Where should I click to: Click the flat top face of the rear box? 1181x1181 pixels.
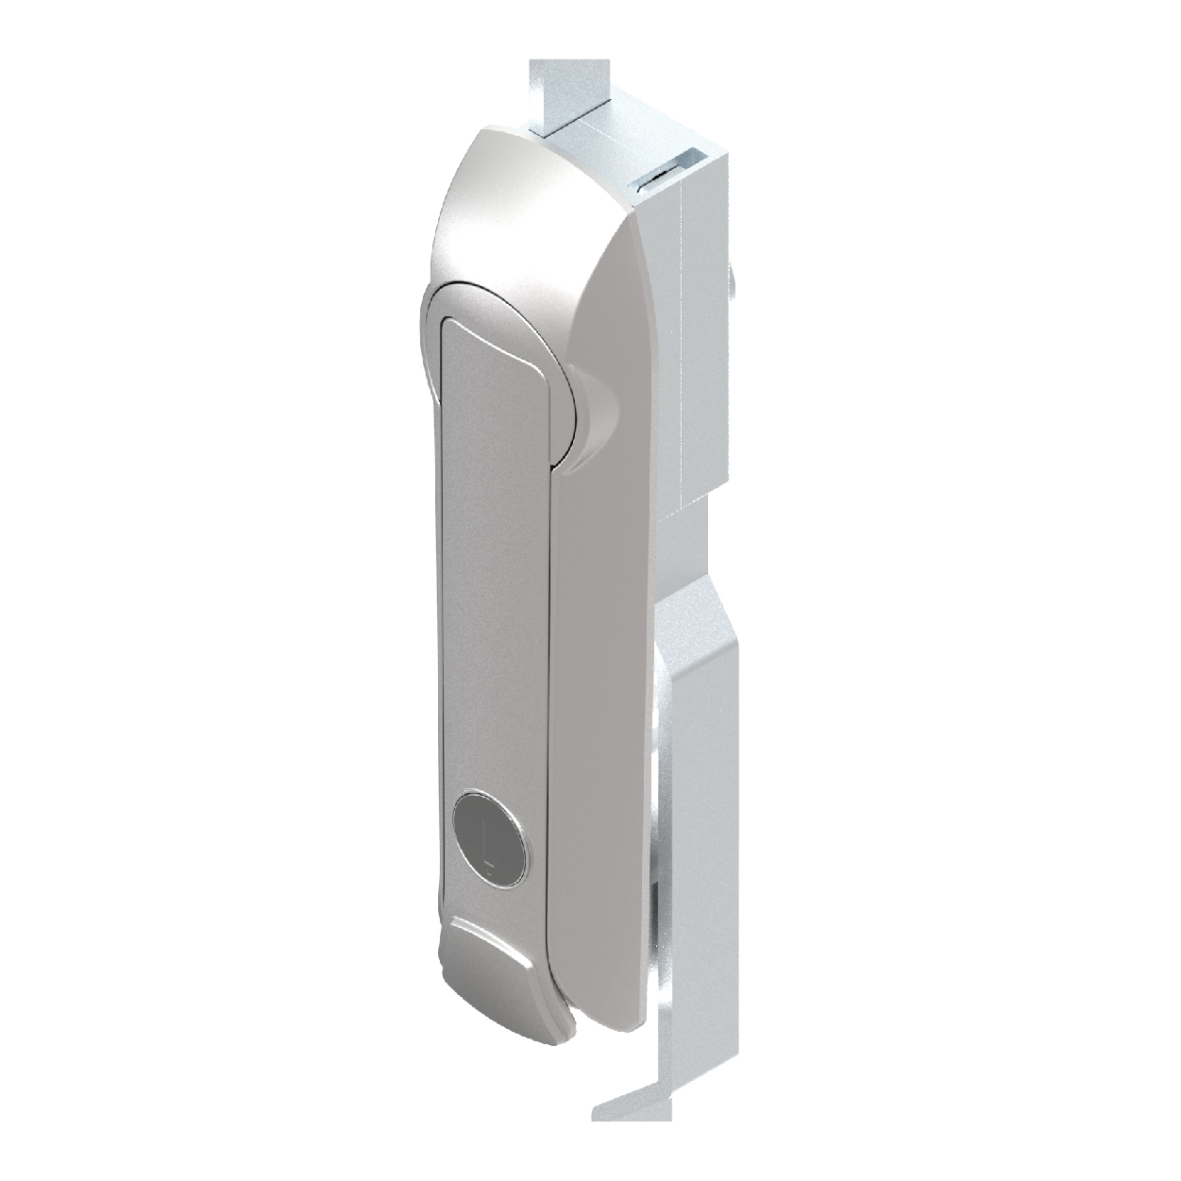coord(633,142)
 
